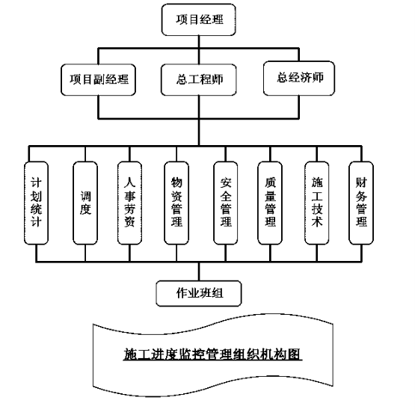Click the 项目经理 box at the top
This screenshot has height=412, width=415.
click(x=198, y=19)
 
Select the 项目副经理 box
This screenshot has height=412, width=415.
click(x=98, y=80)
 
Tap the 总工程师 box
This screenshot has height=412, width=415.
click(x=198, y=80)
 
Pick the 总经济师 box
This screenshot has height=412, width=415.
click(x=299, y=78)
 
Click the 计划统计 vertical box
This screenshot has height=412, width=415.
click(x=36, y=203)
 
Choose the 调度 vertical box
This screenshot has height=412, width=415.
click(x=85, y=203)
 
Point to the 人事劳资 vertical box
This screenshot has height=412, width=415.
click(x=129, y=203)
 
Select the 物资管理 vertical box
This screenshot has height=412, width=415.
click(x=176, y=203)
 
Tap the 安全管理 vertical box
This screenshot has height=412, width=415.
click(x=226, y=203)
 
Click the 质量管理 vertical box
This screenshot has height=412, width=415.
click(x=270, y=203)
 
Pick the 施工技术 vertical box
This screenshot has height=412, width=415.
click(x=317, y=203)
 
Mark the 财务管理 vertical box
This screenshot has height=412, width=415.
click(x=361, y=203)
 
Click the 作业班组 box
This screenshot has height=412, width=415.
click(x=199, y=293)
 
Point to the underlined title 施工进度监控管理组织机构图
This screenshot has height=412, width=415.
click(x=212, y=354)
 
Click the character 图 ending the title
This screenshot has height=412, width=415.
click(x=295, y=354)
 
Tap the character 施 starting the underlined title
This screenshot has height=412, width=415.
click(x=130, y=354)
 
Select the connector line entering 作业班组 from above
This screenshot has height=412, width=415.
click(x=199, y=271)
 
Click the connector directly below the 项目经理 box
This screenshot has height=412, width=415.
click(x=199, y=42)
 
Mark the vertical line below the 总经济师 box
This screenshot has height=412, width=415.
click(x=299, y=107)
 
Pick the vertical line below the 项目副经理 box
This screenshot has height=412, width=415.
click(x=98, y=107)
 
